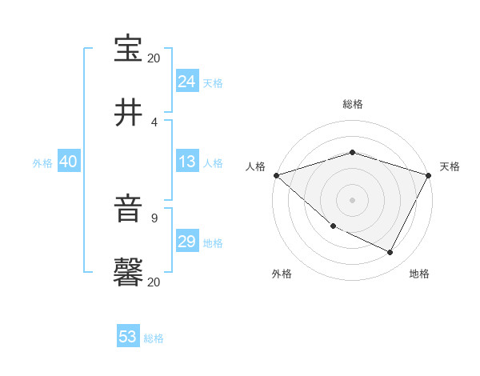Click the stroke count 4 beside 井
[x=154, y=122]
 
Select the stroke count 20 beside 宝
[x=154, y=58]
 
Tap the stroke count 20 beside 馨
[x=154, y=282]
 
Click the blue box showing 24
[x=187, y=82]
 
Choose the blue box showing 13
[x=187, y=162]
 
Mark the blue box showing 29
[x=187, y=242]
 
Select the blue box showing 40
[x=69, y=162]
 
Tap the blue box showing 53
[x=128, y=337]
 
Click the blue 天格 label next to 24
[x=213, y=83]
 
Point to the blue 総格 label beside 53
[x=154, y=338]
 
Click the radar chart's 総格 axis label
[x=353, y=104]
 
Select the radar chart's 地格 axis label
[x=419, y=274]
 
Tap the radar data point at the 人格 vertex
[x=276, y=175]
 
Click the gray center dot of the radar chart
[x=353, y=200]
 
